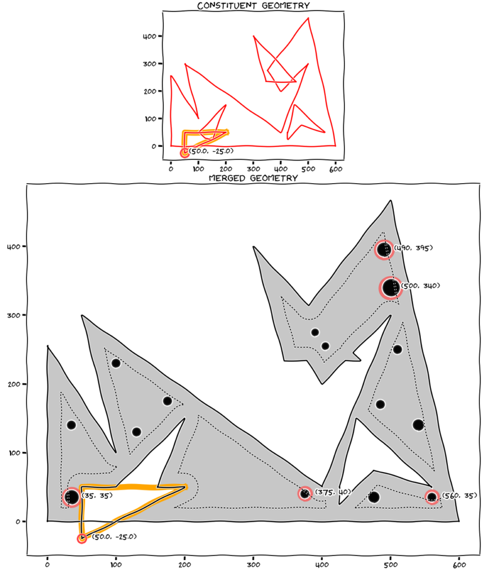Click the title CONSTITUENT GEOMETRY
point(253,6)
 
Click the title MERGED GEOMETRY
point(253,178)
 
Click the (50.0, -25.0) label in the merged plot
point(114,536)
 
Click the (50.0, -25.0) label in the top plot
point(212,151)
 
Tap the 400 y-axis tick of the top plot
point(150,37)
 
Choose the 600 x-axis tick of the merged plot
point(459,565)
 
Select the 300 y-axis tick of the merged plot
point(14,316)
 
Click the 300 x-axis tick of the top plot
point(253,169)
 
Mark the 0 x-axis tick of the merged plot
point(47,565)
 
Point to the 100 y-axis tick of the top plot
point(150,119)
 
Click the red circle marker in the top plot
point(185,153)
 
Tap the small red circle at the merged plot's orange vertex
point(82,538)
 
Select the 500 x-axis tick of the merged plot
point(390,565)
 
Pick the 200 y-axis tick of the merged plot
point(14,384)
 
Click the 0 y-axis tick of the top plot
point(154,146)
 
